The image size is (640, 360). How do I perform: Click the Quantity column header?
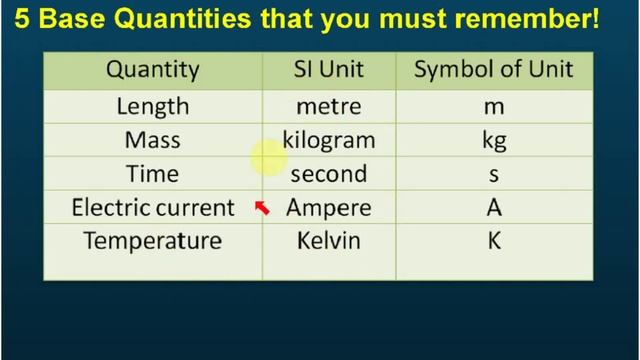(x=153, y=70)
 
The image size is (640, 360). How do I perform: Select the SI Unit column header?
(x=329, y=70)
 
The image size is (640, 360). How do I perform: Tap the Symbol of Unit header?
(x=494, y=70)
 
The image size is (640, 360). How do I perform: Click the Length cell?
(x=153, y=106)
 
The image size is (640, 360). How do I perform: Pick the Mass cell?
(x=153, y=140)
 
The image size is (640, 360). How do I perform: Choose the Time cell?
(x=153, y=174)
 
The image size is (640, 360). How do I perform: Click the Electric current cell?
(x=153, y=208)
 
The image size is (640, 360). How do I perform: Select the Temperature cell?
(x=153, y=242)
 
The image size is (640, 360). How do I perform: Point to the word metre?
(x=328, y=106)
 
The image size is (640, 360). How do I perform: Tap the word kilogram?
(x=329, y=140)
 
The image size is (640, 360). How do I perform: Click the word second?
(x=329, y=174)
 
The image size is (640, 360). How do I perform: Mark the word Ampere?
(x=329, y=208)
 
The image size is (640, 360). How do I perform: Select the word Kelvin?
(x=329, y=242)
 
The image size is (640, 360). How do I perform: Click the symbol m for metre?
(x=494, y=107)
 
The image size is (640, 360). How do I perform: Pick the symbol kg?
(x=494, y=141)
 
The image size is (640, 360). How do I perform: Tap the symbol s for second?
(x=494, y=175)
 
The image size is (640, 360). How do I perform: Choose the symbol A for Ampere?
(x=494, y=208)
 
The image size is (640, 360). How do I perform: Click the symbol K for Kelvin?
(x=494, y=242)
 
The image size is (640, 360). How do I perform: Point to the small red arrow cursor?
(x=263, y=208)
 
